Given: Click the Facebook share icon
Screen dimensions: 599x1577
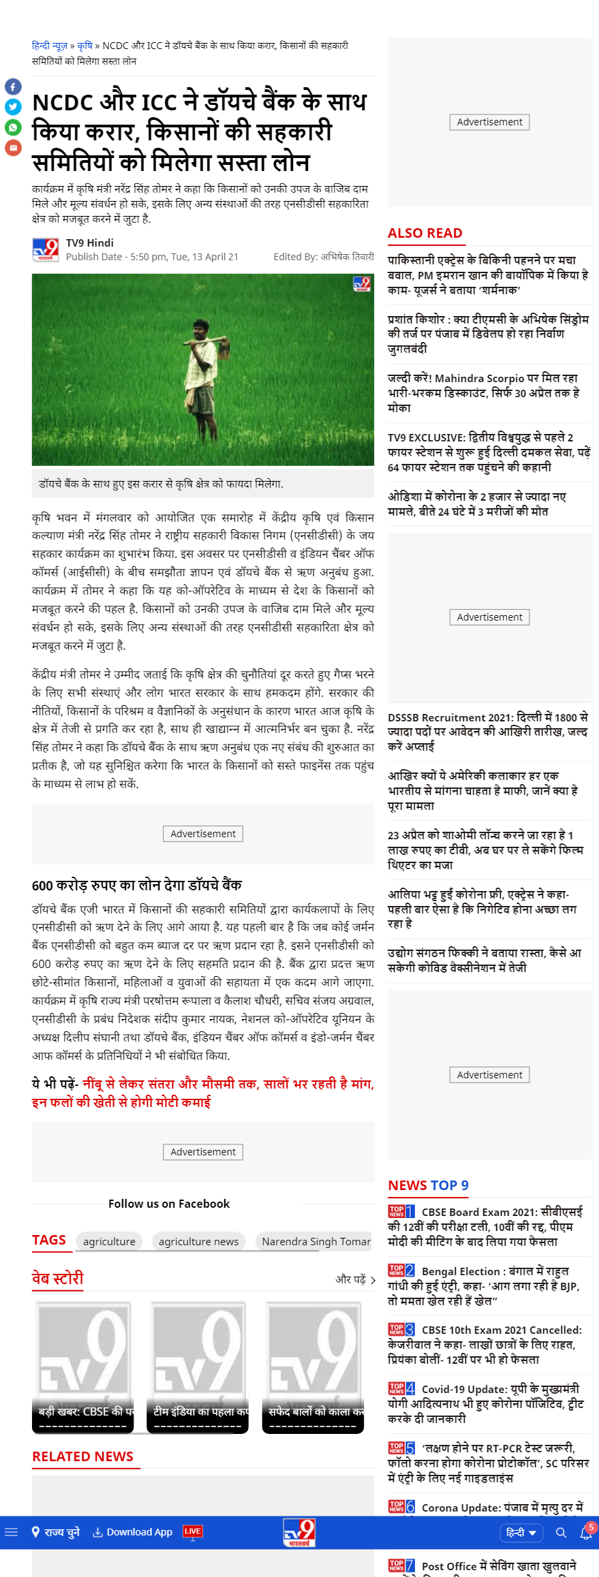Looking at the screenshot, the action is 13,87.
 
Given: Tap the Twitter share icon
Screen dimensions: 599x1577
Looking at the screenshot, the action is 13,107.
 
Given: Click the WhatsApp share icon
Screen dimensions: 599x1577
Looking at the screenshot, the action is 13,127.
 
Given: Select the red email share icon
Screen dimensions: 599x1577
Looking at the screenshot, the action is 13,147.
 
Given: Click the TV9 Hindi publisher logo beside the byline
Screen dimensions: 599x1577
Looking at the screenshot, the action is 46,250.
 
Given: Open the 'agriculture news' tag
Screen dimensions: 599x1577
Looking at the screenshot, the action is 198,1242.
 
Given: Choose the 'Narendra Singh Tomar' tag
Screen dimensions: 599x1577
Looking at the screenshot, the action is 316,1242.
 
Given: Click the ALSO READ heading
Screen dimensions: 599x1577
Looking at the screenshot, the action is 425,233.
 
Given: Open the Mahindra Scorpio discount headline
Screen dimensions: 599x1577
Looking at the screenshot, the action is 482,393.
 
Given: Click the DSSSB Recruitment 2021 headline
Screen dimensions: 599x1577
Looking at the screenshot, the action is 487,732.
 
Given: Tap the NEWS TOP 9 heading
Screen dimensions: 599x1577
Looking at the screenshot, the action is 428,1185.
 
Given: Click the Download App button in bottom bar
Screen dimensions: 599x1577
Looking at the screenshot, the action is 133,1532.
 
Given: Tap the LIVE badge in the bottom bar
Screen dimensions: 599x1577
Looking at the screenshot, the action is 192,1531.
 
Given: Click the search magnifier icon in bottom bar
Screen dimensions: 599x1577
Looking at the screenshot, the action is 561,1533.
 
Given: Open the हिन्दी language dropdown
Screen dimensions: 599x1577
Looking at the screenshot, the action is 521,1533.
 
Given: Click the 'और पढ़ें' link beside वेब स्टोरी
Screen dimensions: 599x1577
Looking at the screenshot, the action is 355,1279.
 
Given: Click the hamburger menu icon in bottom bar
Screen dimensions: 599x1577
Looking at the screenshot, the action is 11,1532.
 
